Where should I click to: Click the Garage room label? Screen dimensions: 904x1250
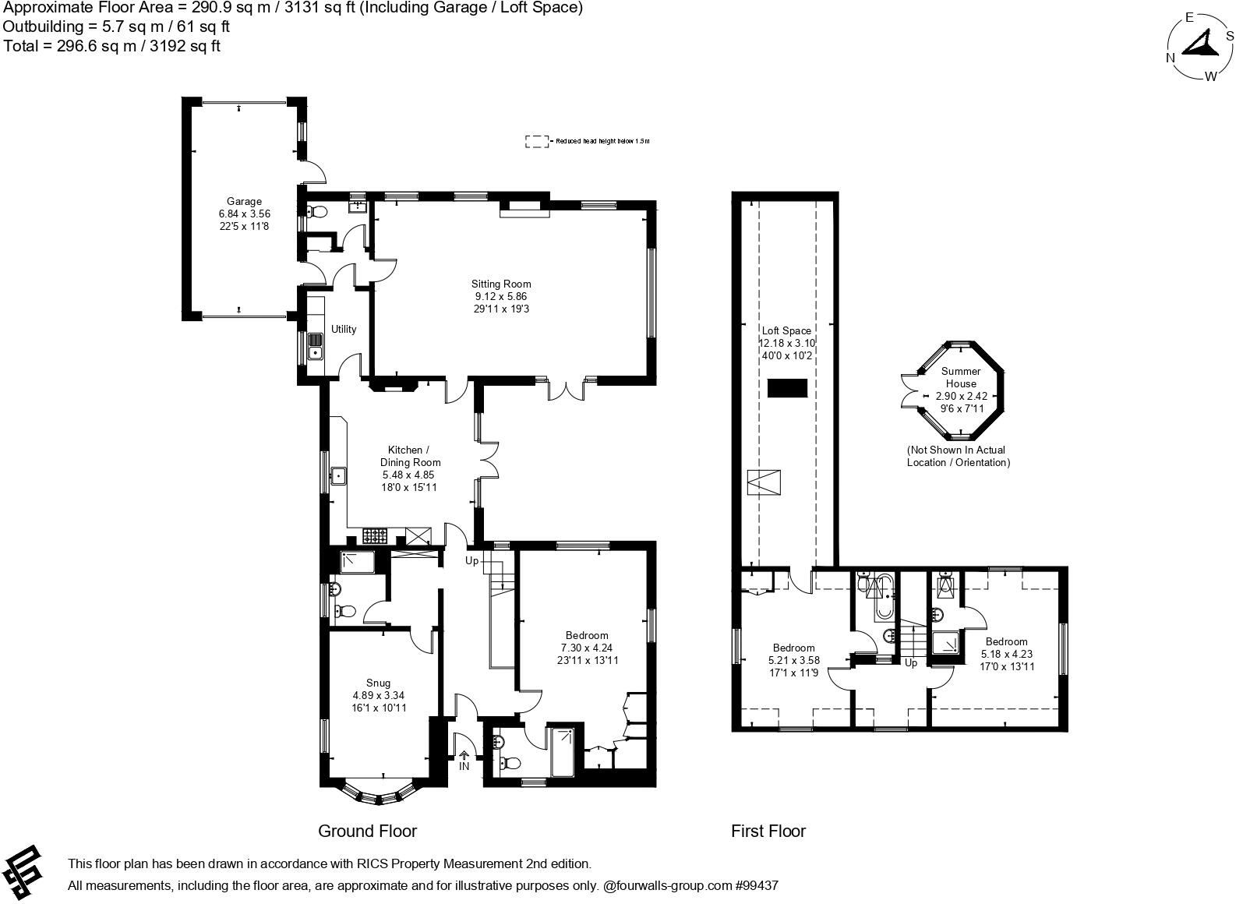[244, 201]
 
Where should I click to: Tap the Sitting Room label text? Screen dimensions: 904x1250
[500, 284]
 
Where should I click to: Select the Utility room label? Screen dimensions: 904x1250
[344, 329]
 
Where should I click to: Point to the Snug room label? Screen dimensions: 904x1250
[378, 683]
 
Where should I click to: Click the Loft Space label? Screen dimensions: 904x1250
[786, 330]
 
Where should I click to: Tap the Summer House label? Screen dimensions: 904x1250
[961, 377]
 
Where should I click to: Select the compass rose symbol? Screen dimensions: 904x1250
[1200, 47]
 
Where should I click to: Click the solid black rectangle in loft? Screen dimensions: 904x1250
[787, 388]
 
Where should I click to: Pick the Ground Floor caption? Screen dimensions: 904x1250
[367, 831]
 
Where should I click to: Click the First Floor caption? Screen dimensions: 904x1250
[768, 831]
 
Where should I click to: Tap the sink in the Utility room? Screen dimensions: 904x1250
[315, 345]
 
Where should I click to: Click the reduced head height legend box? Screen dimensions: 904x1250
[536, 141]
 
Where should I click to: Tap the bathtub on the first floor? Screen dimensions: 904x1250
[885, 599]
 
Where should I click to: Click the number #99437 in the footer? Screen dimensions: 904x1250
[756, 885]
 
